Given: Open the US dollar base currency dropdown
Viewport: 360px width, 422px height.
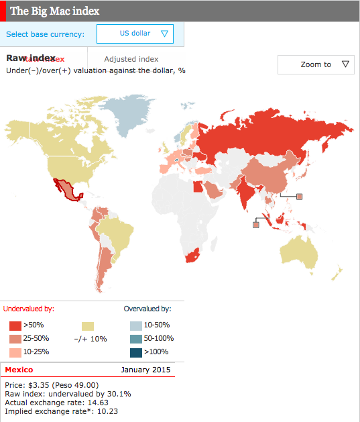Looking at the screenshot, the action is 135,34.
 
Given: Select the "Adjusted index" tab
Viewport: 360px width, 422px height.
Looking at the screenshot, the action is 131,60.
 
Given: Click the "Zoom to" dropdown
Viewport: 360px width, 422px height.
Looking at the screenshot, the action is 316,64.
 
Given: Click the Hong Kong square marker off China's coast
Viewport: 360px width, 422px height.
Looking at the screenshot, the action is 300,197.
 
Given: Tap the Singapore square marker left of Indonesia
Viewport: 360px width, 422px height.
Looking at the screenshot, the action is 255,225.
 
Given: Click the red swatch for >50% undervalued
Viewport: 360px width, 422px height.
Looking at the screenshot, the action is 14,325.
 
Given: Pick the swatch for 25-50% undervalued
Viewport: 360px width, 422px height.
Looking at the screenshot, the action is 14,339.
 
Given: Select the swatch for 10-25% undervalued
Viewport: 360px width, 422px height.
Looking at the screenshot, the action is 14,352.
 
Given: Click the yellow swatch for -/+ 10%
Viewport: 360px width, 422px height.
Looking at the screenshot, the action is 88,326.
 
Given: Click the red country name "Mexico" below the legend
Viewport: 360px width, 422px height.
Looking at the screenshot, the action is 19,370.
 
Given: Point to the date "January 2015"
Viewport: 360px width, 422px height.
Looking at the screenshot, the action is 145,370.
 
